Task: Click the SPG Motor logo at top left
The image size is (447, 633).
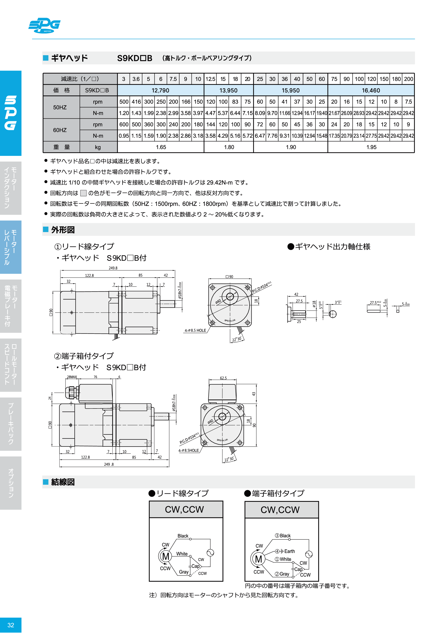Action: pos(45,25)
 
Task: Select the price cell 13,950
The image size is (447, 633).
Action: pos(228,90)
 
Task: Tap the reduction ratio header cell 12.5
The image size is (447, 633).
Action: pos(210,79)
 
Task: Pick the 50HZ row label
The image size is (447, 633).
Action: pos(60,107)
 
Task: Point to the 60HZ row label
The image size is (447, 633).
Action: pos(60,130)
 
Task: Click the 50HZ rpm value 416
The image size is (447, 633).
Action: pos(136,102)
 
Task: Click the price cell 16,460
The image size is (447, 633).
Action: pos(371,90)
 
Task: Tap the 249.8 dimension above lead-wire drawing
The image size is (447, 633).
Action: pos(113,268)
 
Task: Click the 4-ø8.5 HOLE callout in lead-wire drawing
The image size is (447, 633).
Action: pos(195,330)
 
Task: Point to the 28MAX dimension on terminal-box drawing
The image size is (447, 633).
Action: pos(72,377)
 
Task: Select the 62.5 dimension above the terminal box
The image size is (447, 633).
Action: pos(223,378)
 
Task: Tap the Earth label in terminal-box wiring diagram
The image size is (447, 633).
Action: pos(289,551)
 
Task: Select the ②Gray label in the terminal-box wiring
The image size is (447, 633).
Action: pos(282,574)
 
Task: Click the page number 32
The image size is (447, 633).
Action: pos(11,625)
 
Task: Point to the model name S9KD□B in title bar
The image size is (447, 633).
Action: pos(135,58)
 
